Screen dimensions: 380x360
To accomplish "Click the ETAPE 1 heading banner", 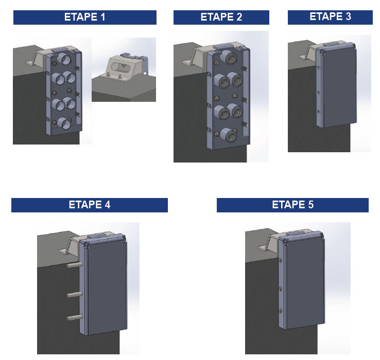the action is [85, 17].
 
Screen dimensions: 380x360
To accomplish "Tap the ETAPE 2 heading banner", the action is [221, 17].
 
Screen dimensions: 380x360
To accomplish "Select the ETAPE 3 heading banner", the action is [330, 17].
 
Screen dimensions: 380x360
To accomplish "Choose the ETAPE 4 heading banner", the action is [90, 205].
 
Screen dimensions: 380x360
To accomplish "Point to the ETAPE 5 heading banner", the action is [292, 205].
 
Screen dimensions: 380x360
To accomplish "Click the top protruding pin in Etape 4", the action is [74, 265].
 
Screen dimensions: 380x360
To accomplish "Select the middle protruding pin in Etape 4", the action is [74, 295].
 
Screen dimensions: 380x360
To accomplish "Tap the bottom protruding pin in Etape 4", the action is [74, 318].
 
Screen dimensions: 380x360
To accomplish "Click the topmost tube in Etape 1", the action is [63, 59].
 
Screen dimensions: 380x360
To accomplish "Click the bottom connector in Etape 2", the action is [229, 135].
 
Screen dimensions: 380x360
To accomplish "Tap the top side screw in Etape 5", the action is [281, 261].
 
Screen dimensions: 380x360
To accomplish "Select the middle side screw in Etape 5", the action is [281, 289].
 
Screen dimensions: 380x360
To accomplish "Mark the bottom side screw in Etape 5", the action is [281, 311].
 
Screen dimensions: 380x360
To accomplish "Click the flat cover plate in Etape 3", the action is [339, 85].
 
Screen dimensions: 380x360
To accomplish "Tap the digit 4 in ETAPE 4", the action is [108, 205].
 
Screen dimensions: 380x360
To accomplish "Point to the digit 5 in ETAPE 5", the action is [310, 205].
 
